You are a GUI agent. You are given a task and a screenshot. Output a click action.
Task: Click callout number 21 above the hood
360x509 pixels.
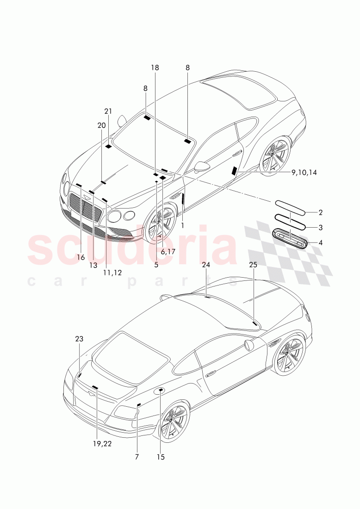click(x=108, y=111)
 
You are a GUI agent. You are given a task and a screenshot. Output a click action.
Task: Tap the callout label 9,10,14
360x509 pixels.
click(x=304, y=173)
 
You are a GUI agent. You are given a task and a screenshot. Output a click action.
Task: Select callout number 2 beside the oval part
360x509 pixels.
click(x=320, y=213)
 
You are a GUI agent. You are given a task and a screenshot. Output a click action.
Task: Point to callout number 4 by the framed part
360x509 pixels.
click(x=321, y=242)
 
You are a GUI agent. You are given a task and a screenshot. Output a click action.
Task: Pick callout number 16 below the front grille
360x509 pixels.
click(x=81, y=257)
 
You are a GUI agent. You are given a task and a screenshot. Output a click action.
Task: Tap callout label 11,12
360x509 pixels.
click(x=112, y=273)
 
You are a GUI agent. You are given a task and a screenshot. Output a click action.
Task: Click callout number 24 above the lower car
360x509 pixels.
click(x=206, y=265)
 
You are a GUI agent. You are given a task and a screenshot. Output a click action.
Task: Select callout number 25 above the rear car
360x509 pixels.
click(x=253, y=265)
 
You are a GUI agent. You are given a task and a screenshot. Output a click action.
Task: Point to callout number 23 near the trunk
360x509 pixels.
click(x=79, y=339)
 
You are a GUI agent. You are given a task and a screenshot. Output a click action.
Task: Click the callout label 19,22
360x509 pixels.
click(x=102, y=444)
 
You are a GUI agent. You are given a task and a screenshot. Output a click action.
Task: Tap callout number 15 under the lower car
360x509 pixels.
click(x=161, y=457)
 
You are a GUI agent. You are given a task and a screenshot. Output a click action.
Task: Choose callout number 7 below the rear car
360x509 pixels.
click(x=137, y=457)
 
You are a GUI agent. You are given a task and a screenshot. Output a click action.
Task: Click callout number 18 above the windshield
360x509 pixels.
click(x=155, y=68)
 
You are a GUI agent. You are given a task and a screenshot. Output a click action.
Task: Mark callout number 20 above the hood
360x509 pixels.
click(x=102, y=125)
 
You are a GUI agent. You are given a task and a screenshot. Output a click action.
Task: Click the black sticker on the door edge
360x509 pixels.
click(x=234, y=171)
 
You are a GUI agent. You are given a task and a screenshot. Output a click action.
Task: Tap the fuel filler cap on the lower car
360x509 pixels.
click(x=160, y=390)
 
